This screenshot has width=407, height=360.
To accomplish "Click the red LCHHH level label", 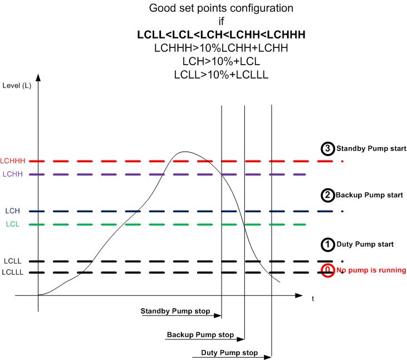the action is pos(13,161).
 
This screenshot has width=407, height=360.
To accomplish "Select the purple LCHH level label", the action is pos(13,174).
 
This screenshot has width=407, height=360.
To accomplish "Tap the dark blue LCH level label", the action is pos(12,211).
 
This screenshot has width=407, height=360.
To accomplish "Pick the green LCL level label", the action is pos(13,224).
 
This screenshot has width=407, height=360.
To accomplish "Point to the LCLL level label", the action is pos(12,261).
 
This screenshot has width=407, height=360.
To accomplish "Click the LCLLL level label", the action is pos(12,272).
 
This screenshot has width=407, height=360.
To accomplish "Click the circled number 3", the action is pos(327,149).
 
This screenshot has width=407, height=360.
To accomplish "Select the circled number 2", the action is pos(327,195).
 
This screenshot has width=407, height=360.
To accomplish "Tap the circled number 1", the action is pos(327,245).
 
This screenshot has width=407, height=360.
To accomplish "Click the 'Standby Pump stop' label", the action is pos(175,311).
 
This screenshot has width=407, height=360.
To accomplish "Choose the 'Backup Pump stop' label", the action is pos(200,334).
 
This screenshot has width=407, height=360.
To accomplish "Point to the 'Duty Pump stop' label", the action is pos(229,352).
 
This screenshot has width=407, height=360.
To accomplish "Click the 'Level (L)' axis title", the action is pos(17,85).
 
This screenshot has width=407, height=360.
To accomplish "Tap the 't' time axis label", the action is pos(313,299).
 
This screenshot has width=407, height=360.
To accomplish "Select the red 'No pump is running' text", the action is pos(371,270).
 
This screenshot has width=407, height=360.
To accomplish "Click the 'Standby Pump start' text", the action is pos(371,149).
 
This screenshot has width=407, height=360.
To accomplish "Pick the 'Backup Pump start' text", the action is pos(369,195).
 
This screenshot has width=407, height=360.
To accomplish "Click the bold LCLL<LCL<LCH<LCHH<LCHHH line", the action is pos(221,35).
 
